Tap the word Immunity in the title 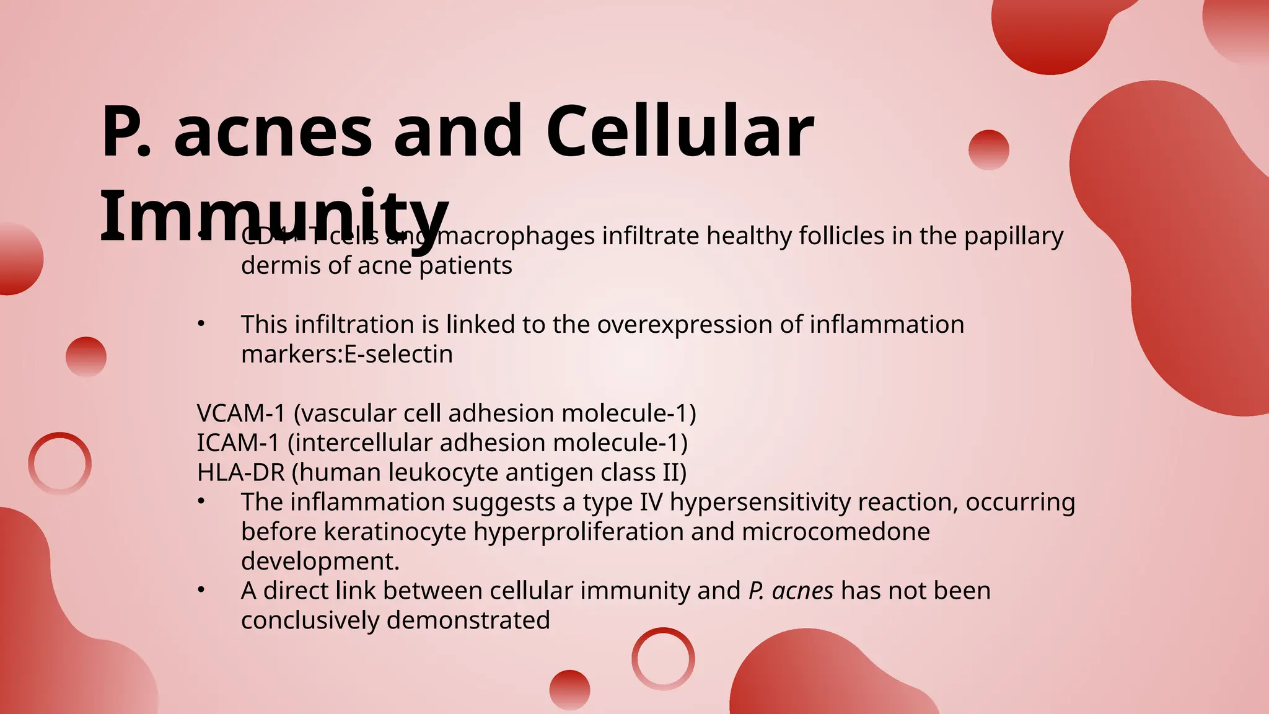point(274,217)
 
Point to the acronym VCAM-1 point(240,413)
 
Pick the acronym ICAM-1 point(238,443)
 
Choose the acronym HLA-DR point(240,473)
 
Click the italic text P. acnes point(791,591)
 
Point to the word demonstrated point(468,620)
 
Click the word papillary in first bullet point(1014,237)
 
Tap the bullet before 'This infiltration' point(201,324)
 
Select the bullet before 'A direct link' point(201,591)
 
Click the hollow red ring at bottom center point(663,658)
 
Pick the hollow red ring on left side point(60,463)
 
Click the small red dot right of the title point(988,150)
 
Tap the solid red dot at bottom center point(569,690)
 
